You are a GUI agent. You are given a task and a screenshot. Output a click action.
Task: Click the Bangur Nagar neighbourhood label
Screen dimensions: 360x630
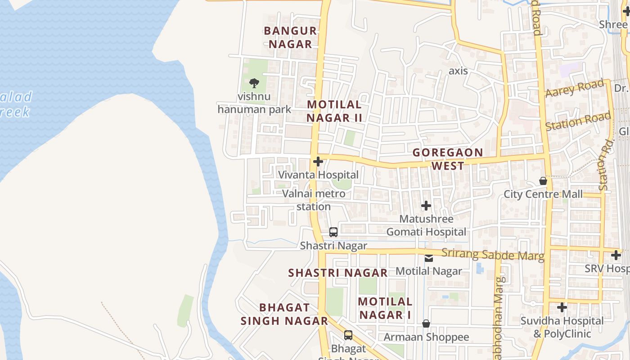pos(290,37)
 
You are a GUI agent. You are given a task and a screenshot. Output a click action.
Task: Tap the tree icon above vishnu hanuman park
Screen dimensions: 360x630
pos(254,83)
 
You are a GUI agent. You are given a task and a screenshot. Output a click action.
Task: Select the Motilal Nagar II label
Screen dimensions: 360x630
pos(334,111)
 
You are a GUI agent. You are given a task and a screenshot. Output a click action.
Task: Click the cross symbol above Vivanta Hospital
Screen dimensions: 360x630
pos(318,162)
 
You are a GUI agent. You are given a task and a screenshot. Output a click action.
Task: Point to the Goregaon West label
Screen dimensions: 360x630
pos(448,159)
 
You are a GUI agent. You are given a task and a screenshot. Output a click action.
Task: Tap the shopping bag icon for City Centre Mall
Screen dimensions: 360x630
pos(543,181)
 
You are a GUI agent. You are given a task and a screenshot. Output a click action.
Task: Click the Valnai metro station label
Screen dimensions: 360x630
pos(314,200)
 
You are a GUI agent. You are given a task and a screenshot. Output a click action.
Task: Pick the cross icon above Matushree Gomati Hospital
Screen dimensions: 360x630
pos(426,206)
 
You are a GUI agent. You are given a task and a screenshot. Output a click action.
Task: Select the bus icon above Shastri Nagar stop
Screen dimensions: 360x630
pos(333,232)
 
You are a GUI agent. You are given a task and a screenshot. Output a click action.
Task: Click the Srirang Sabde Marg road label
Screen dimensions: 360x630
pos(493,254)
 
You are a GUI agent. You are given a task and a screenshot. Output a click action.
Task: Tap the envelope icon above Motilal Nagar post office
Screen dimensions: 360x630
pos(429,258)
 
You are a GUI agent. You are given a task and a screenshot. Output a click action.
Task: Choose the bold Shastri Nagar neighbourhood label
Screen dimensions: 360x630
pos(337,273)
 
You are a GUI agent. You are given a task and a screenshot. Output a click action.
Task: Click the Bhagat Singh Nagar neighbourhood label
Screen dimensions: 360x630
pos(284,314)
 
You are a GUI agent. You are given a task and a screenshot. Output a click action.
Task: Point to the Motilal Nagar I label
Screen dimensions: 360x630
pos(385,308)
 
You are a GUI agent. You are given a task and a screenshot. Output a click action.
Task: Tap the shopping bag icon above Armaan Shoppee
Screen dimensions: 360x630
pos(426,324)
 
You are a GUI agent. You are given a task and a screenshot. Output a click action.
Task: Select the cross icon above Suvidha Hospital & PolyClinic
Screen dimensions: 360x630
pos(562,308)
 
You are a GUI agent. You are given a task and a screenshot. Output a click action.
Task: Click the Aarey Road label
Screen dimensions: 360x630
pos(574,89)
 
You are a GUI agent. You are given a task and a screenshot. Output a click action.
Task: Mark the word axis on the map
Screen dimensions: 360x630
pos(458,71)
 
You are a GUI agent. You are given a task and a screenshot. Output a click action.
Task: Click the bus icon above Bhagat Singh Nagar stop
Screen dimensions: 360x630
pos(348,335)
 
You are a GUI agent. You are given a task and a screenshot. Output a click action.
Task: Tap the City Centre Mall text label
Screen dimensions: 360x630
pos(543,194)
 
